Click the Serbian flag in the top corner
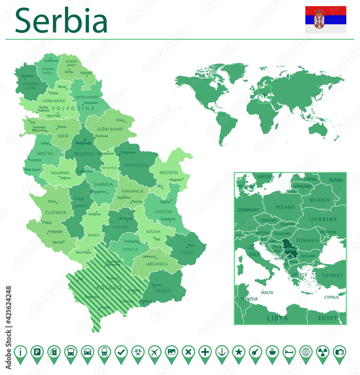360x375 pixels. coord(325,19)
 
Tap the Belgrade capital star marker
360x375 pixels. coord(84,140)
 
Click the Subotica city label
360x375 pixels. coord(51,61)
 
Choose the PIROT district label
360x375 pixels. coord(188,253)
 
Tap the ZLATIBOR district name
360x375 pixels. coord(56,213)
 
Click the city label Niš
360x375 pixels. coord(157,239)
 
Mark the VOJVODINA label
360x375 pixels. coord(73,108)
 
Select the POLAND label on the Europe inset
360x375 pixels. coord(285,207)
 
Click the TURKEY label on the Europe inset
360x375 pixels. coord(332,275)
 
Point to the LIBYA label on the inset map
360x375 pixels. coord(277,318)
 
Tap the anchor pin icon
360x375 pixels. coord(222,352)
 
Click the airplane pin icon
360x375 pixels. coord(155,352)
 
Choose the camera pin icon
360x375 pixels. coord(339,352)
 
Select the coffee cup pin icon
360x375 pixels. coord(272,352)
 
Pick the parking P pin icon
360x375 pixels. coord(37,352)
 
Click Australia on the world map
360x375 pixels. coord(319,129)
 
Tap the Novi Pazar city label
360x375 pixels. coord(84,252)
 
